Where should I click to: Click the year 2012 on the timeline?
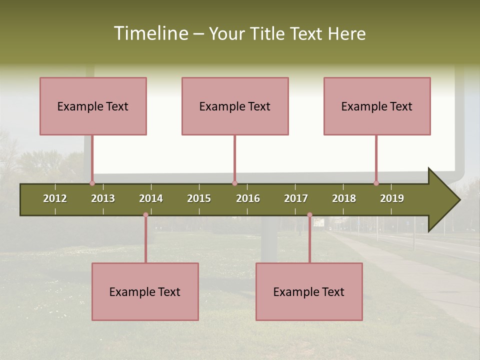pos(55,198)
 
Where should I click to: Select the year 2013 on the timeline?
pos(103,198)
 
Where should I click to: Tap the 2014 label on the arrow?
pos(151,198)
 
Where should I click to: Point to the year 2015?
pos(199,198)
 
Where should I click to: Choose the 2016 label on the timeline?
pos(248,198)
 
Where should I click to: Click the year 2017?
pos(296,198)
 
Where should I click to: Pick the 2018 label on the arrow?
pos(344,198)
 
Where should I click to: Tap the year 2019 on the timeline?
pos(392,198)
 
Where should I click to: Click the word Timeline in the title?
pos(150,33)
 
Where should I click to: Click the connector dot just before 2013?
pos(92,183)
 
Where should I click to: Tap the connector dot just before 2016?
pos(234,183)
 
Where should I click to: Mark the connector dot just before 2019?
pos(376,183)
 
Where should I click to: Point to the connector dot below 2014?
pos(145,215)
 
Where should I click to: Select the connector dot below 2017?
pos(309,215)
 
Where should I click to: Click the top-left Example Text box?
pos(93,106)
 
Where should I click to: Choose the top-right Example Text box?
pos(377,106)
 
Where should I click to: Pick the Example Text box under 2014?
pos(145,292)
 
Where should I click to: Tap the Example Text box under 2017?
pos(309,292)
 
